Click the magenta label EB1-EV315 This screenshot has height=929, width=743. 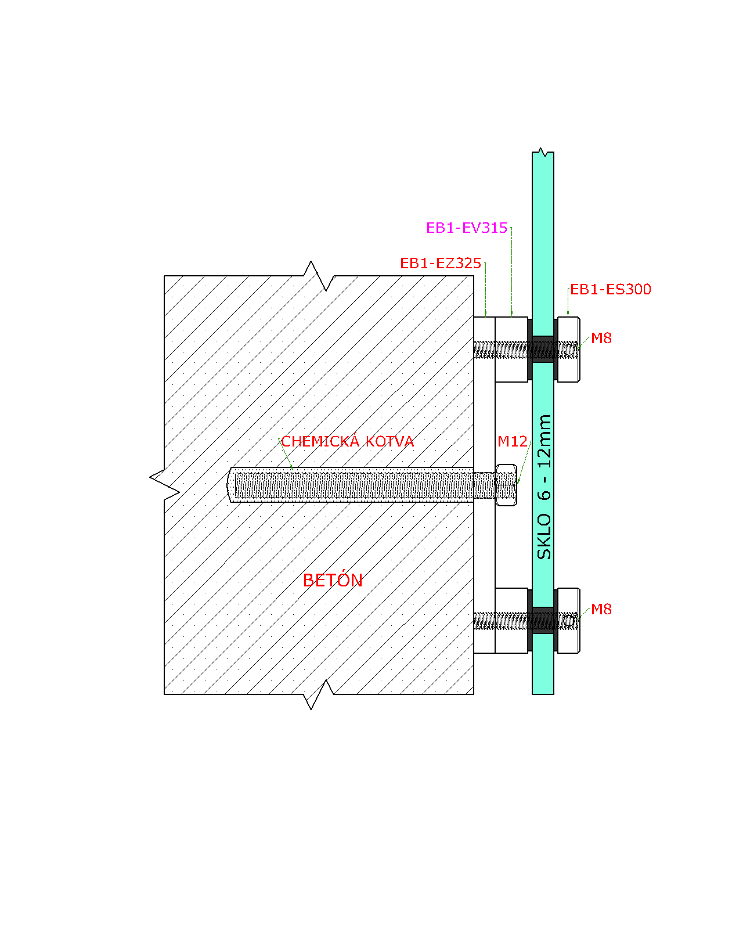point(466,228)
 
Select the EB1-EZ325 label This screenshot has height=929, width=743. point(441,263)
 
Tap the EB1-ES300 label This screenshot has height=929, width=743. point(610,289)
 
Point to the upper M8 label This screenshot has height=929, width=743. point(601,337)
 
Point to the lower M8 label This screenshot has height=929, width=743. point(601,608)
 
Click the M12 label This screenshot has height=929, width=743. point(512,441)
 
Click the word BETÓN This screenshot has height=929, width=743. point(333,579)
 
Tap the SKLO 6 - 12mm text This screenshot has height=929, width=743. point(544,487)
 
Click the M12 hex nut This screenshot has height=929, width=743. point(506,485)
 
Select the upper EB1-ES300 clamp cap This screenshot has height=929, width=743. point(569,349)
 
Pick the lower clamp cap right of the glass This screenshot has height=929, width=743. point(569,620)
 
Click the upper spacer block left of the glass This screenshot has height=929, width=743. point(511,349)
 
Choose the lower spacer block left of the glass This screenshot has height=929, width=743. point(511,620)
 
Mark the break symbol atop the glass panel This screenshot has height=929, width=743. point(543,152)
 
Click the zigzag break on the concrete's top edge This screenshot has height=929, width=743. point(319,276)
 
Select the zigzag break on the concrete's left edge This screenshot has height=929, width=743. point(164,484)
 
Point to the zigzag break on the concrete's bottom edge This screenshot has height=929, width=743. point(319,694)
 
